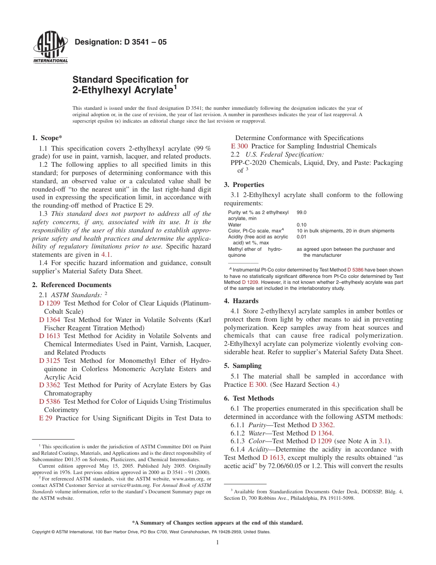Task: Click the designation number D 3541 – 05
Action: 120,42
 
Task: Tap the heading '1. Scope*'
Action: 47,138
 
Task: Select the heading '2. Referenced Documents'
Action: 72,285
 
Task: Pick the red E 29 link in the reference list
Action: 45,418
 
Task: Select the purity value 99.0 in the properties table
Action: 302,213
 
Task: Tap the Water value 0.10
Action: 302,225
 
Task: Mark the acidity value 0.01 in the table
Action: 302,237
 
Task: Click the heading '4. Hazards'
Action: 241,301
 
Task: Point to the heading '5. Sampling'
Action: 242,366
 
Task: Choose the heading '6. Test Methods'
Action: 249,398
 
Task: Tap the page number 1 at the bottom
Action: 218,542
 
